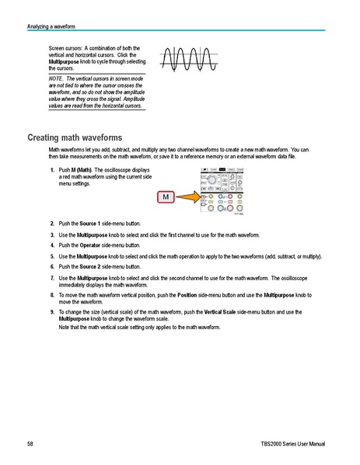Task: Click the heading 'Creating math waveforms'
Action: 75,137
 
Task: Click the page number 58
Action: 30,444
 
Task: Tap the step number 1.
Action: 51,170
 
